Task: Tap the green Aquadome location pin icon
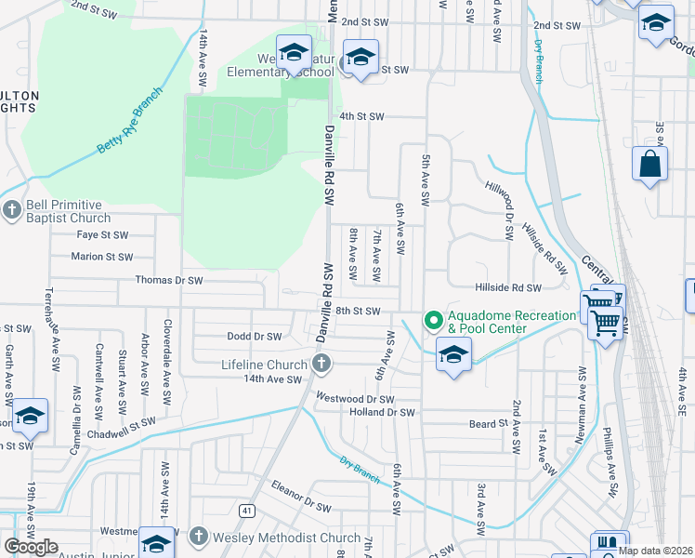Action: [432, 321]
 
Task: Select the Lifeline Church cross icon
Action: [321, 363]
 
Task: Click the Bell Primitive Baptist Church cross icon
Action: [11, 210]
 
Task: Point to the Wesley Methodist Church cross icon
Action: [198, 537]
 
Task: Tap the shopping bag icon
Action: [649, 166]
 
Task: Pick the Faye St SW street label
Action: [102, 235]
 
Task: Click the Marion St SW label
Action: [102, 257]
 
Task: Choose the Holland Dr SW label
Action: [382, 412]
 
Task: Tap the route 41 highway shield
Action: [246, 511]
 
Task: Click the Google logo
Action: [32, 547]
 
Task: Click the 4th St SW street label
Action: [361, 116]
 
